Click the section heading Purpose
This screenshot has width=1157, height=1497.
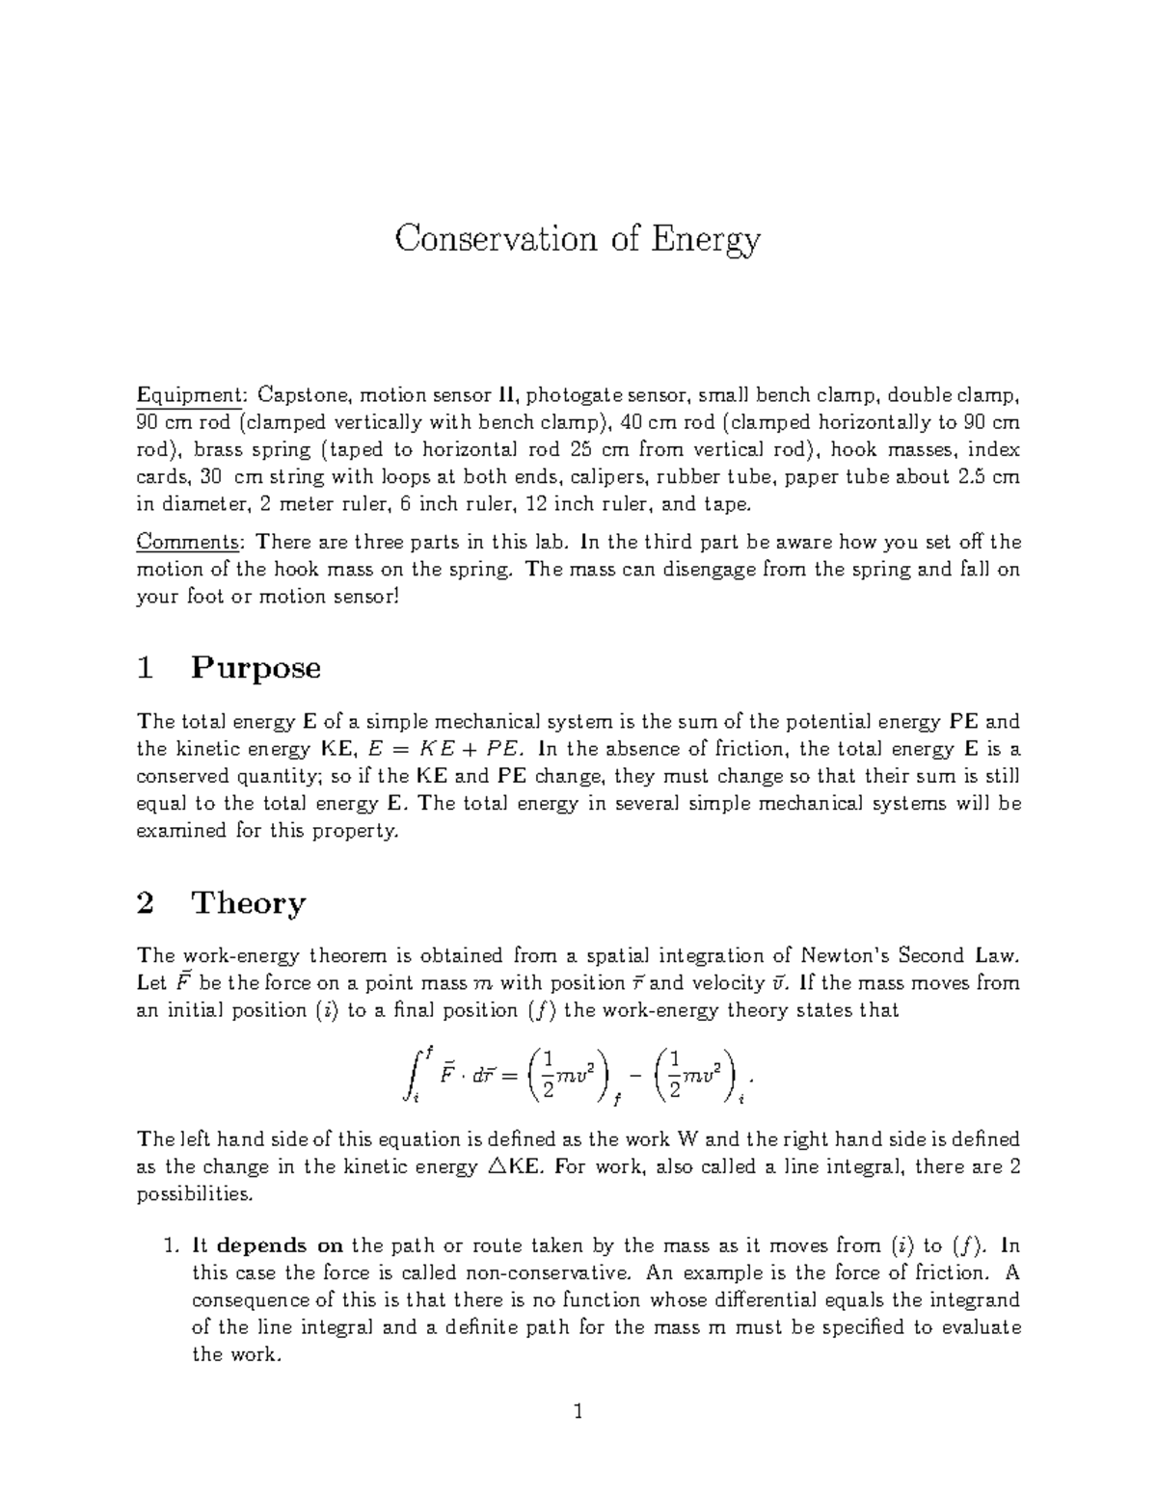click(256, 668)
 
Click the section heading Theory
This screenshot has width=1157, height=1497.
click(249, 903)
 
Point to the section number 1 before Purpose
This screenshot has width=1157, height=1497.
click(146, 668)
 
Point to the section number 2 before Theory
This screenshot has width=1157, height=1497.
click(146, 903)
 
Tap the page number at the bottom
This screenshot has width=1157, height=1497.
click(578, 1413)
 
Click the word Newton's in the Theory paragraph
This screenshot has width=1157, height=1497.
click(846, 955)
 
